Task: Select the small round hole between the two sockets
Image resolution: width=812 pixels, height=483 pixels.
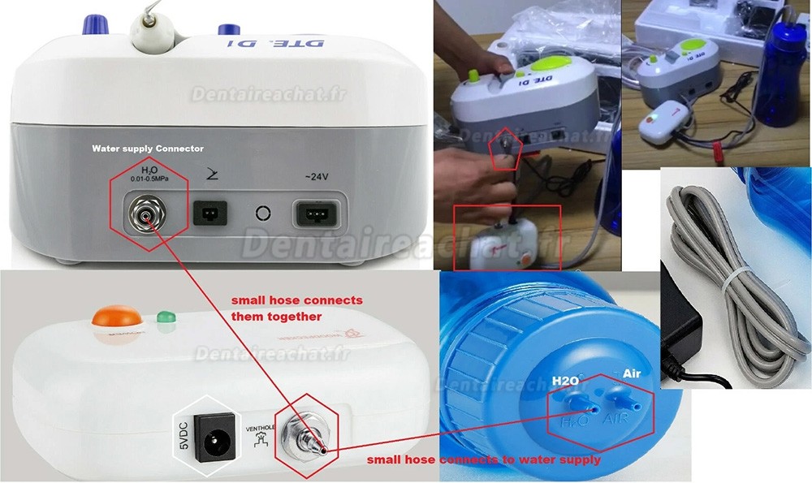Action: pos(261,214)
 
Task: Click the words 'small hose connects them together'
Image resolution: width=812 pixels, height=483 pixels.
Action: pos(296,308)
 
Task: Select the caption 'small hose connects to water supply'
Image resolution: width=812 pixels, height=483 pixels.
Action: pos(483,460)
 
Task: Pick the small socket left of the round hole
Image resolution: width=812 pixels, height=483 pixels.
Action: pos(209,214)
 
